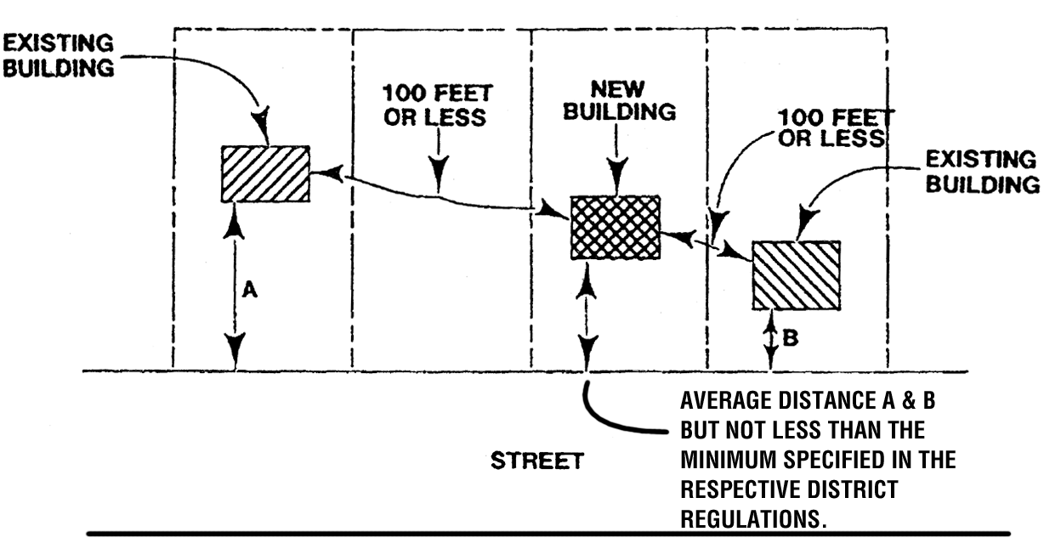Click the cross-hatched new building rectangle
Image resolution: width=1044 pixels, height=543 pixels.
pos(615,227)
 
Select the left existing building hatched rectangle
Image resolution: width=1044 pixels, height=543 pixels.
pos(265,173)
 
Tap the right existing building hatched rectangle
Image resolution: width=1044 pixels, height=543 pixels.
pos(797,275)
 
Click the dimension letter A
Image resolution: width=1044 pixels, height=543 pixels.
pos(249,290)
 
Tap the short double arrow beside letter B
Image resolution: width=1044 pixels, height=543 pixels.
pos(771,339)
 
